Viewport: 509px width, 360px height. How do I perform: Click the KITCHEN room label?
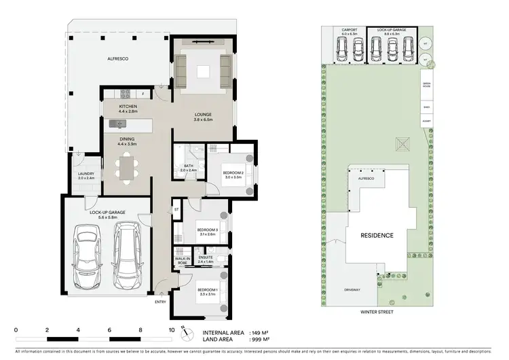[x=128, y=107]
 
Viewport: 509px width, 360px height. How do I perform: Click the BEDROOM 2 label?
[x=233, y=173]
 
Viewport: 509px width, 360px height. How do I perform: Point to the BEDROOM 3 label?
[x=207, y=230]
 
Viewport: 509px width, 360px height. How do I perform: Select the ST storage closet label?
[x=176, y=211]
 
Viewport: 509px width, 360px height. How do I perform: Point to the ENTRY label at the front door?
[x=160, y=302]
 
